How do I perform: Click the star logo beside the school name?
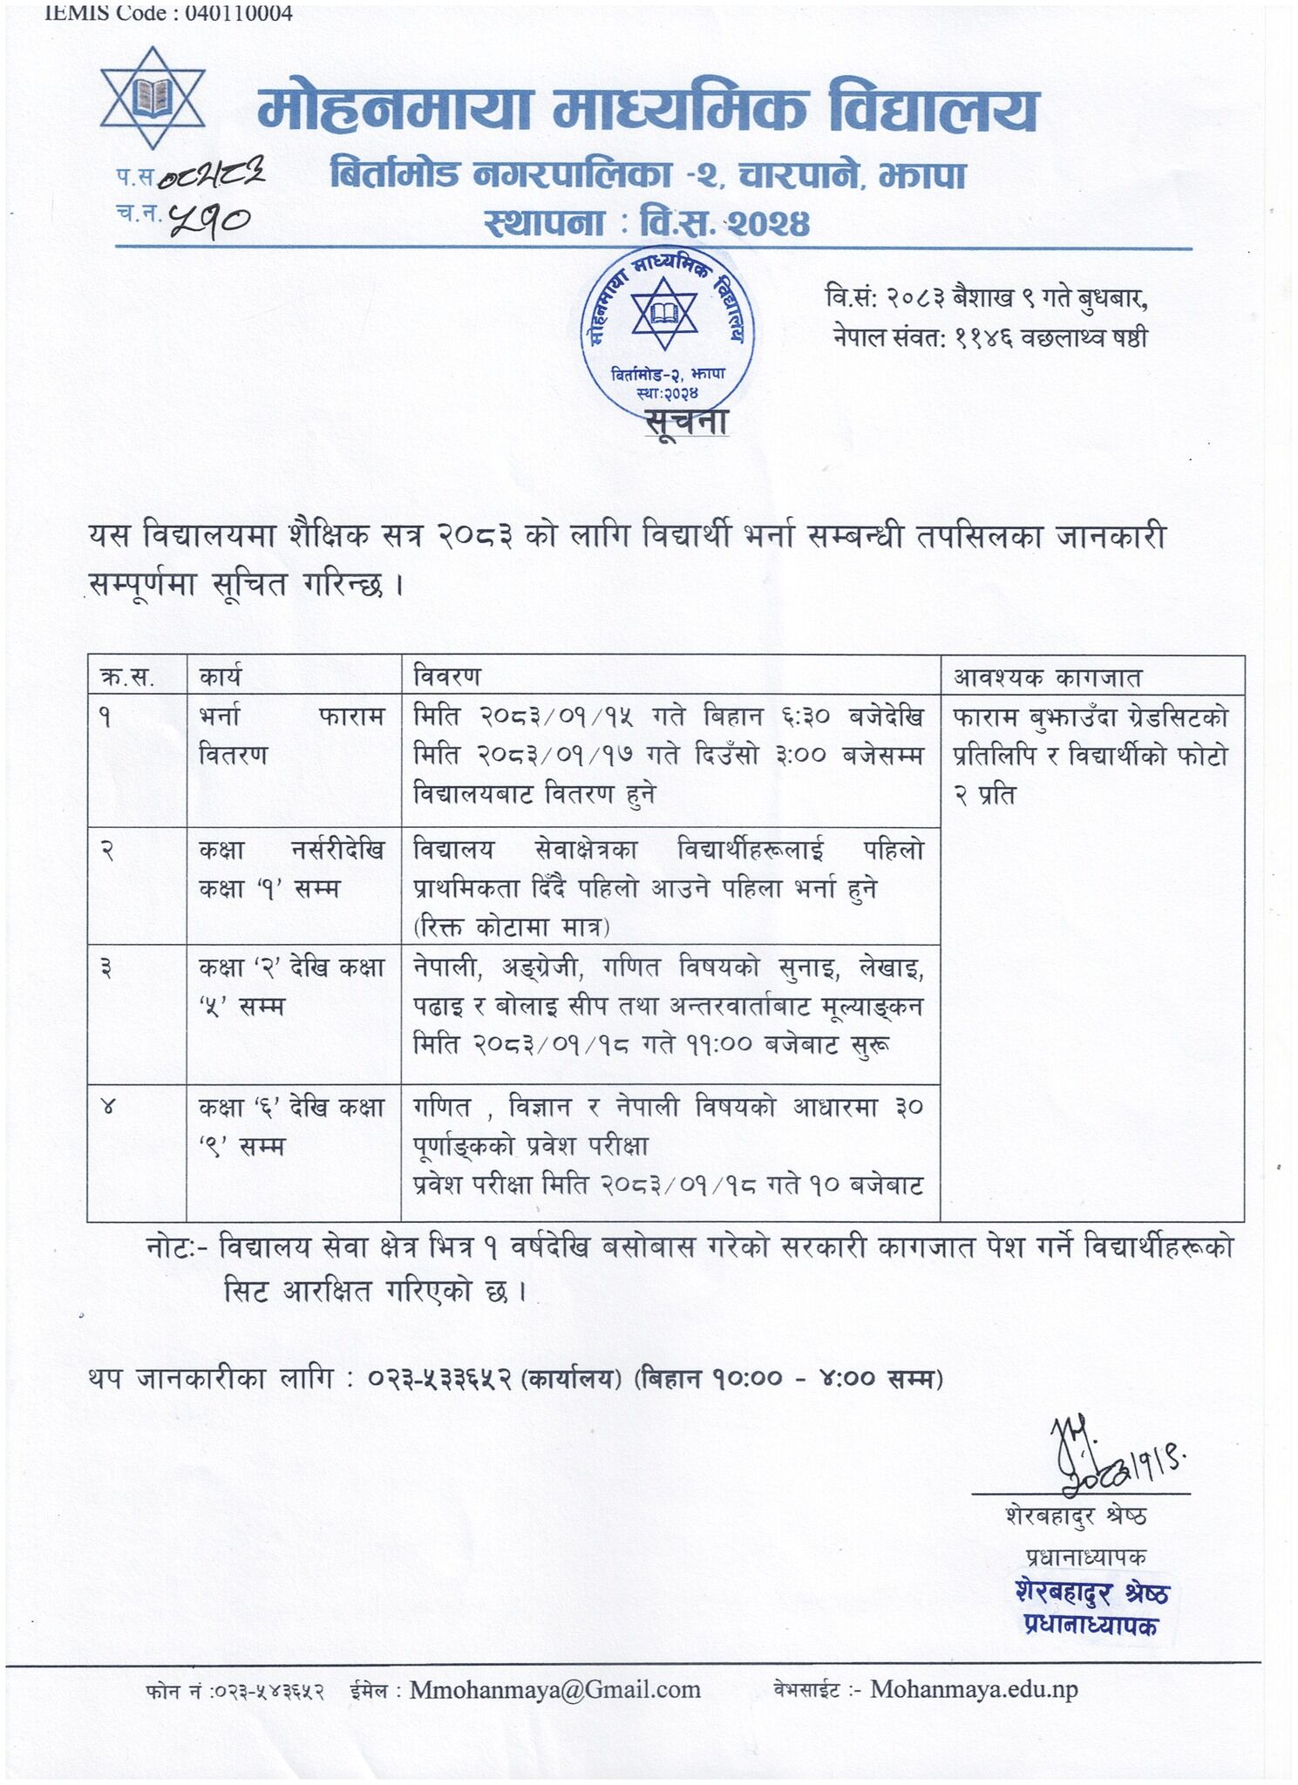click(152, 98)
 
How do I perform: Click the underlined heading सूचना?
click(686, 422)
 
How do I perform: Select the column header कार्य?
click(220, 676)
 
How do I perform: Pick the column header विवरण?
click(446, 676)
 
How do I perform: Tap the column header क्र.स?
click(127, 676)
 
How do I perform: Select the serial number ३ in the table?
click(106, 968)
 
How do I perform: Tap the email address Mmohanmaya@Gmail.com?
click(555, 1690)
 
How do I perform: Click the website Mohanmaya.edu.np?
click(974, 1689)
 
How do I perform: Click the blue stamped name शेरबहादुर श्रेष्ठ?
click(1092, 1592)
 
